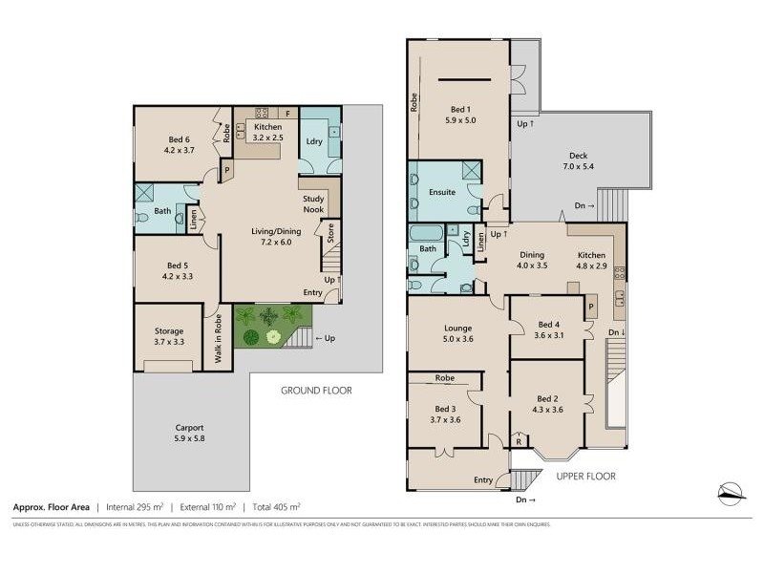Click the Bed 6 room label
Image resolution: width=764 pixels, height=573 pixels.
(x=179, y=143)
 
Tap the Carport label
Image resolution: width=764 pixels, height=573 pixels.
(x=190, y=433)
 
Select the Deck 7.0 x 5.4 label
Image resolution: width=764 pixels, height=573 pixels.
(x=579, y=161)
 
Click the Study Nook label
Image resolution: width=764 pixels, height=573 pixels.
(x=313, y=204)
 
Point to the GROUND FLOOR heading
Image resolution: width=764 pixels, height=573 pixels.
(x=316, y=391)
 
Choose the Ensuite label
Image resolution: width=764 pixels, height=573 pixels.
(x=442, y=192)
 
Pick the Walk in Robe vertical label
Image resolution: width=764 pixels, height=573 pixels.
(x=219, y=338)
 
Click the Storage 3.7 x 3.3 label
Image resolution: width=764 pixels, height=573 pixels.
(x=167, y=335)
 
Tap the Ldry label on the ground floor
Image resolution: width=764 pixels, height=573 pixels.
(x=313, y=141)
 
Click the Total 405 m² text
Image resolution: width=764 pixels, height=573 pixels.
(x=275, y=507)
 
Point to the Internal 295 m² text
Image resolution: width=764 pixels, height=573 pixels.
(x=136, y=507)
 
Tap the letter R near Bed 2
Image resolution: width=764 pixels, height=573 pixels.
(x=518, y=442)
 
